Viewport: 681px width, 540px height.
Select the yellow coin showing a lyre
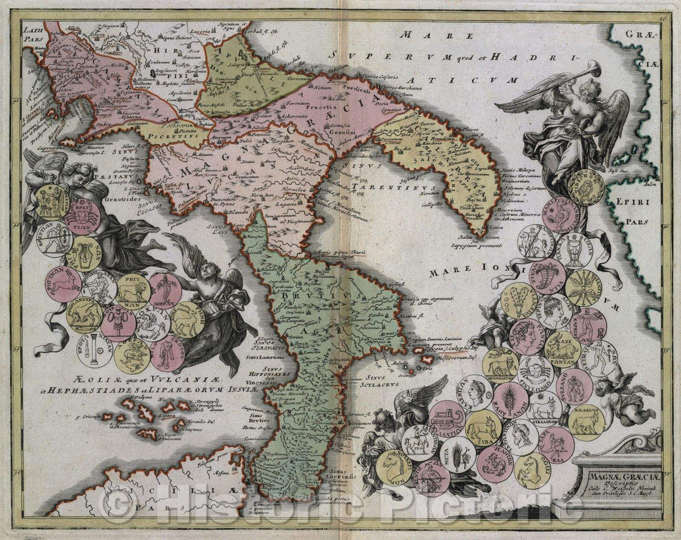pyautogui.click(x=83, y=251)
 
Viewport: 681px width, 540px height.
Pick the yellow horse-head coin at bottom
pyautogui.click(x=531, y=470)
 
